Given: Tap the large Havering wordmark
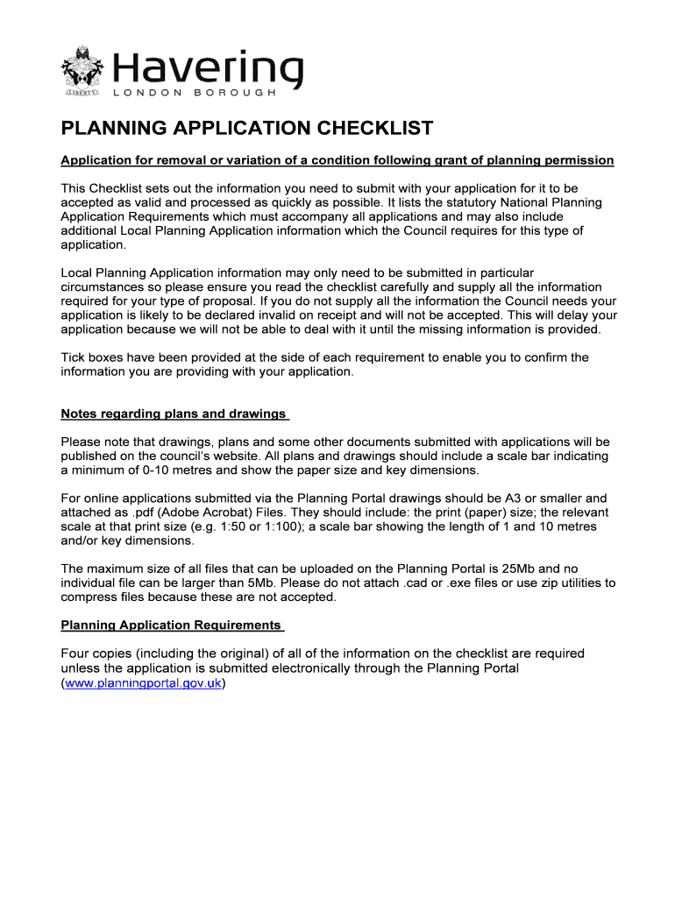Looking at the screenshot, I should pos(208,67).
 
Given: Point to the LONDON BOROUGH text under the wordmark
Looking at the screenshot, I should pos(195,93).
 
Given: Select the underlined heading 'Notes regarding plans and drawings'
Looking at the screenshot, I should pos(174,413).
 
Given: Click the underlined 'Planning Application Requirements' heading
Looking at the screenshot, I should pos(171,625).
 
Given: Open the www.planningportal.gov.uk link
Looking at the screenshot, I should pos(143,683).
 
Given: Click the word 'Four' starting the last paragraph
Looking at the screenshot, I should pos(75,653).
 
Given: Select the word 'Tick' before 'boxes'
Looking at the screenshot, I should pos(74,357).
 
